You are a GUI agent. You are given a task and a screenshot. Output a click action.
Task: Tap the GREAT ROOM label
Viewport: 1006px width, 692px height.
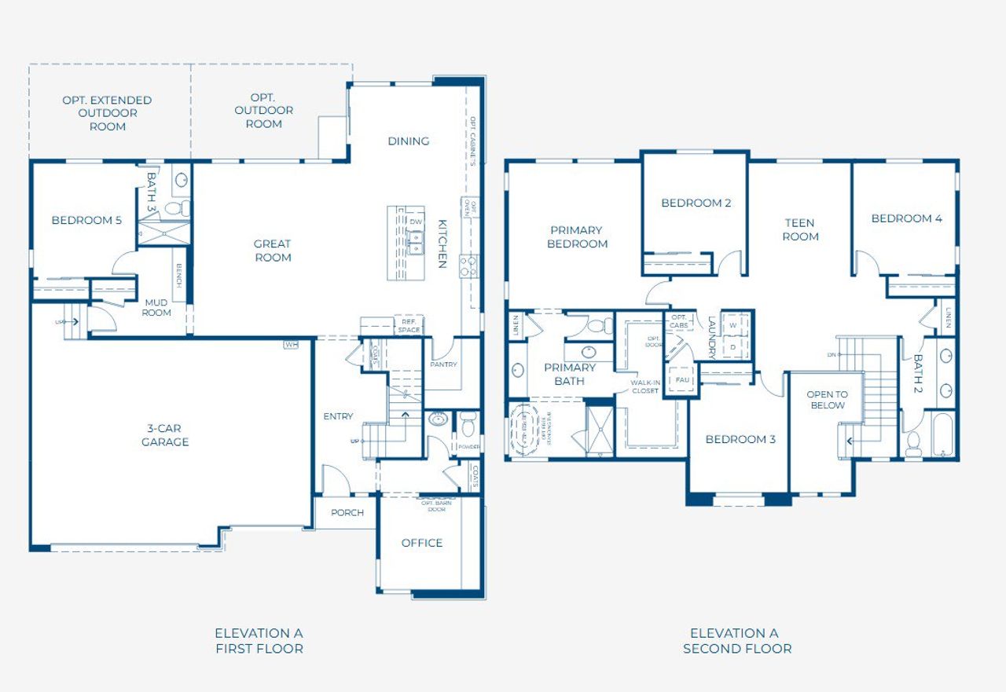click(x=273, y=251)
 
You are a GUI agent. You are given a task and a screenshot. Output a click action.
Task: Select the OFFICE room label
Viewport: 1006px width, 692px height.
click(x=422, y=543)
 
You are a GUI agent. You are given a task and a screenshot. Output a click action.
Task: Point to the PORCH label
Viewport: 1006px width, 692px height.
click(x=347, y=513)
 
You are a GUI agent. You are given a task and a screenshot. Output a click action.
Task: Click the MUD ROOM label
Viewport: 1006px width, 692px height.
click(x=156, y=307)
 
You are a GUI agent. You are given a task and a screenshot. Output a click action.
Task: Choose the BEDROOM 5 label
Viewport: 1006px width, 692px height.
click(x=86, y=220)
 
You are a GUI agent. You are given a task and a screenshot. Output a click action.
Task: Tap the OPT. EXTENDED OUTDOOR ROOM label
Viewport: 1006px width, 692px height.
click(x=108, y=113)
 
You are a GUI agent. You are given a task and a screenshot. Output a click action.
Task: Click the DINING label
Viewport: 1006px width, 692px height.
click(x=409, y=141)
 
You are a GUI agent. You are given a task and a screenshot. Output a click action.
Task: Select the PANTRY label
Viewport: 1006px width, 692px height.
click(x=443, y=364)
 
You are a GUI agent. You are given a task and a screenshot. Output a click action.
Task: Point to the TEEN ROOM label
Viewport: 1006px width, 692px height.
click(x=800, y=229)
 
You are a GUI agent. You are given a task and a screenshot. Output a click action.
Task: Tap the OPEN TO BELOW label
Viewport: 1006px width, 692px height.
click(x=827, y=400)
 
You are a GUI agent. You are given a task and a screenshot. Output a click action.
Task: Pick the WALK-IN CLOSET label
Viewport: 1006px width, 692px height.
click(x=644, y=386)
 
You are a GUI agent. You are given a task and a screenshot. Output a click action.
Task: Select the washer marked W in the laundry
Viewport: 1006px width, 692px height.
click(x=733, y=324)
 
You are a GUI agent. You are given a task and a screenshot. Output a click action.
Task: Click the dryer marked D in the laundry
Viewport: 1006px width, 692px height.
click(x=733, y=346)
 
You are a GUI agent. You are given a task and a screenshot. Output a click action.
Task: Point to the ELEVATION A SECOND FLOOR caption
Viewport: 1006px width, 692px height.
click(x=737, y=641)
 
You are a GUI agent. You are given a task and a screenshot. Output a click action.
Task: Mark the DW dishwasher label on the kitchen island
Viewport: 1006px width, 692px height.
click(x=416, y=222)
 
